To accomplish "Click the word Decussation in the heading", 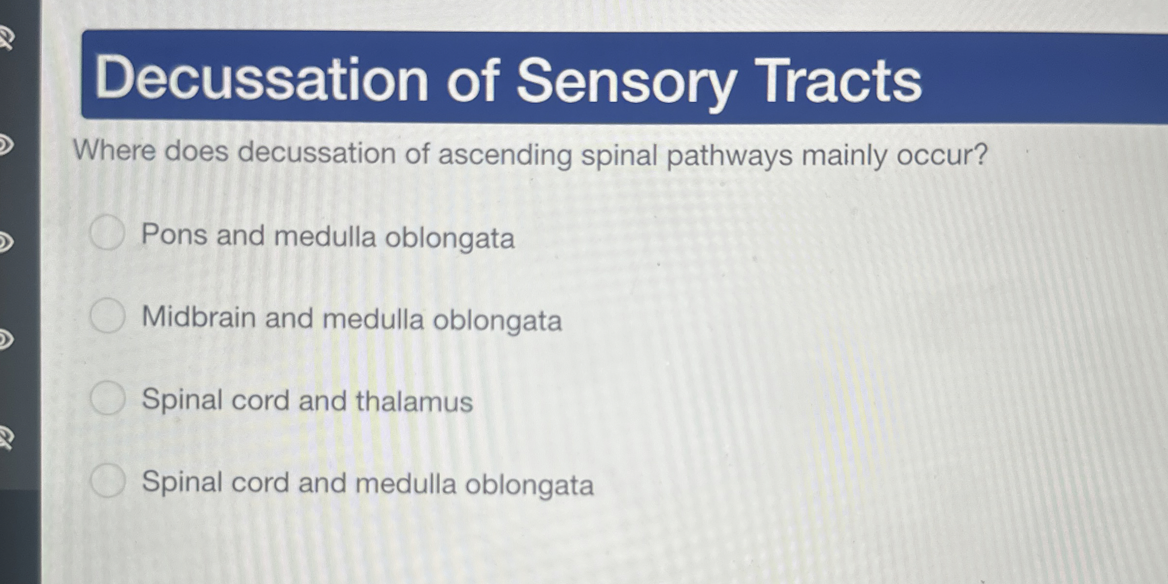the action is pos(261,78).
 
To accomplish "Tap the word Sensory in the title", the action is pos(625,81).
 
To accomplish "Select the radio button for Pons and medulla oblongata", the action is pos(108,233).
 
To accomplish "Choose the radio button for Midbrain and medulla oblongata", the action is pos(108,315).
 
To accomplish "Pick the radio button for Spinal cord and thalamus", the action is pos(108,398).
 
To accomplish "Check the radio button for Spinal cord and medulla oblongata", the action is pos(108,480).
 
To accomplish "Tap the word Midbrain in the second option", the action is pos(199,317).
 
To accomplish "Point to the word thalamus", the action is pos(414,401).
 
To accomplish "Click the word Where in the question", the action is pos(114,151).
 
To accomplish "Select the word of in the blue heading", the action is pos(473,79).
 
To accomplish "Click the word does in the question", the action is pos(196,151).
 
